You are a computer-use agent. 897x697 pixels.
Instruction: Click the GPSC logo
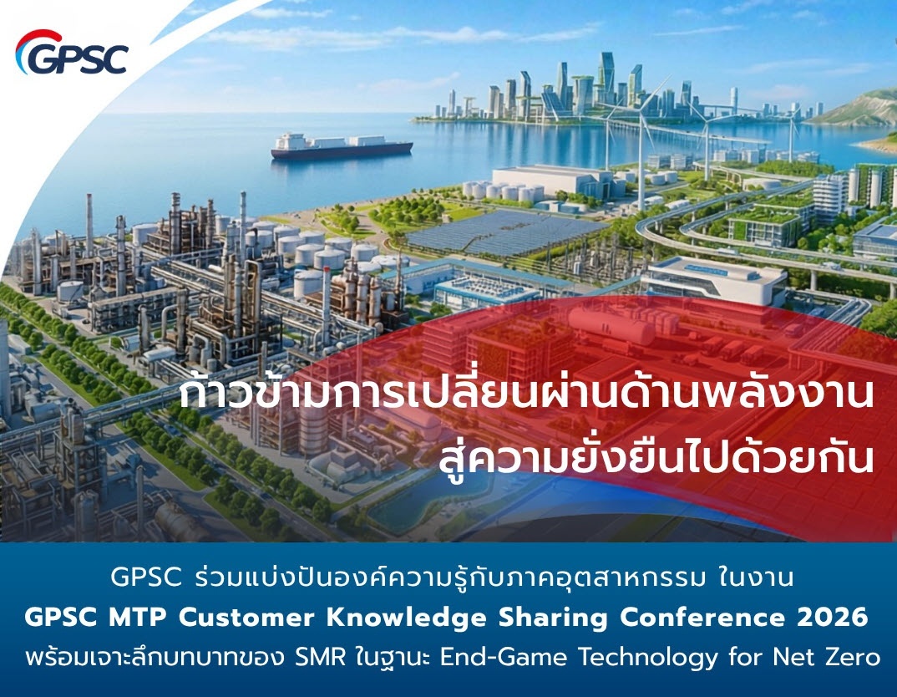[x=72, y=53]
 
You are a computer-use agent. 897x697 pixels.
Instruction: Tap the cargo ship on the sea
[x=342, y=146]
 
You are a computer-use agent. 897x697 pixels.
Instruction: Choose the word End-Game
[x=504, y=657]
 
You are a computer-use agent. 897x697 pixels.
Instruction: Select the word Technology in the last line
[x=647, y=658]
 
